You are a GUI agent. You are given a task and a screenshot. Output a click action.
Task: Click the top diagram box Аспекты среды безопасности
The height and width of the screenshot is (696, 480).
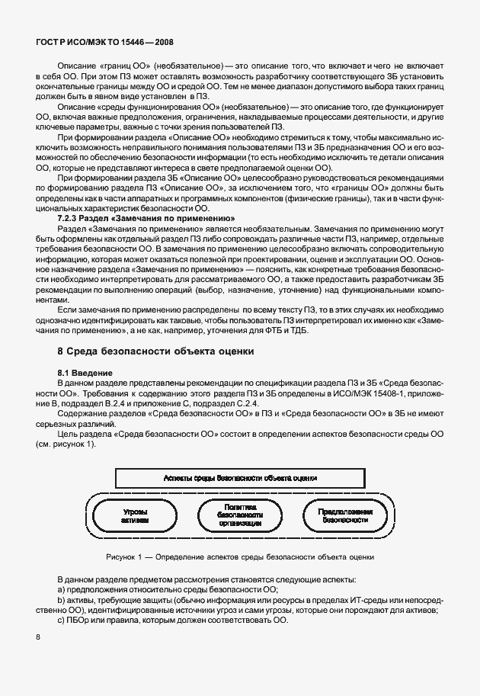(241, 477)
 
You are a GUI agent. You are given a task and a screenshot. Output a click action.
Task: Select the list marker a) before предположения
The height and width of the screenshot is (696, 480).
(62, 590)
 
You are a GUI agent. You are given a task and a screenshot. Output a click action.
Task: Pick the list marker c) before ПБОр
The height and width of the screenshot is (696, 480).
(62, 621)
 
